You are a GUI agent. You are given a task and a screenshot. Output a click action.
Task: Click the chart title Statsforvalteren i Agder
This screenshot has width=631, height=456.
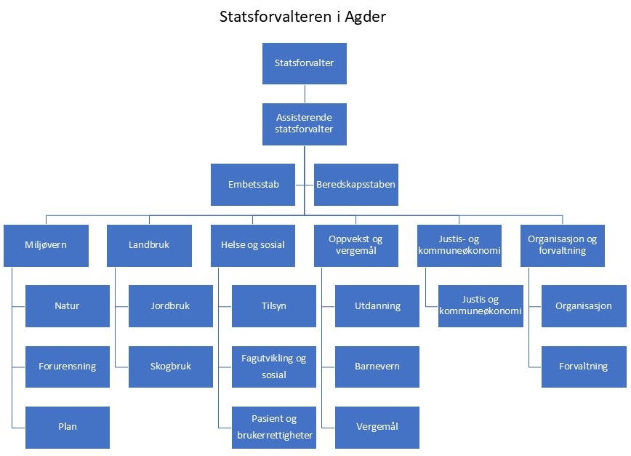tap(302, 17)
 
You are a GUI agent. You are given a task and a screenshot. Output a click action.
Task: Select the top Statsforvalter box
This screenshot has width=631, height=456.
tap(305, 63)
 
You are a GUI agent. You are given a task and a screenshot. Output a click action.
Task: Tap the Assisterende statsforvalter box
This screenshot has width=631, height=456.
tap(305, 124)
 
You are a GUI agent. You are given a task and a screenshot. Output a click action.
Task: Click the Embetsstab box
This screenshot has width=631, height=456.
tap(253, 185)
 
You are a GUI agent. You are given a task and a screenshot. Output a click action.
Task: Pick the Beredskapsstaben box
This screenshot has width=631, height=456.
tap(356, 185)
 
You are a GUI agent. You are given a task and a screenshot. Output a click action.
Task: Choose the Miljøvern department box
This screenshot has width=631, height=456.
tap(46, 245)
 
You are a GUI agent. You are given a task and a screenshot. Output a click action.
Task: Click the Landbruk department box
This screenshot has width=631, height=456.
tap(149, 245)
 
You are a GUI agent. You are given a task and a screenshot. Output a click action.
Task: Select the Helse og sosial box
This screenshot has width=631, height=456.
tap(252, 245)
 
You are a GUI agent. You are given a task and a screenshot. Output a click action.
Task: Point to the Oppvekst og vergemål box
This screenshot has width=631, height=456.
tap(356, 245)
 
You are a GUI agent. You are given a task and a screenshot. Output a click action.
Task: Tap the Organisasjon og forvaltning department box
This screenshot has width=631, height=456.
tap(563, 245)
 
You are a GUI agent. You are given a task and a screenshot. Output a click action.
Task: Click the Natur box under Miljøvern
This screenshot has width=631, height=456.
tap(67, 306)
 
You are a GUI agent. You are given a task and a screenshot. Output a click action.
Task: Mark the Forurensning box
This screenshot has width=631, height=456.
tap(67, 367)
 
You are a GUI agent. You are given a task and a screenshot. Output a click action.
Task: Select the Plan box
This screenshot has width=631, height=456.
tap(67, 427)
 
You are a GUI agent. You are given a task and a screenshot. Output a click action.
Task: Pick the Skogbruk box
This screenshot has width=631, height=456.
tap(171, 367)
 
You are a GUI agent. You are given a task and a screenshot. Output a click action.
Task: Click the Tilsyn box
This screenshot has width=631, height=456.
tap(274, 306)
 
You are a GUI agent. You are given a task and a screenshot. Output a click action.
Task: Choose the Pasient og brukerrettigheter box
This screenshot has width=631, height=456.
tap(274, 427)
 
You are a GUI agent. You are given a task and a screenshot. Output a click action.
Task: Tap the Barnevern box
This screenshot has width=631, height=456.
tap(377, 367)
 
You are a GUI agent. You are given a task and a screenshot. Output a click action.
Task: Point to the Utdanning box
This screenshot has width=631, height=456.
tap(377, 306)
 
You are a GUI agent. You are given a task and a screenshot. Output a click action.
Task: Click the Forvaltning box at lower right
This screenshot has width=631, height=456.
tap(584, 367)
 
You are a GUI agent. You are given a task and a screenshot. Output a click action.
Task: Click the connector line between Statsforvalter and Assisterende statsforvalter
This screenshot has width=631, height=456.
tap(305, 94)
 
